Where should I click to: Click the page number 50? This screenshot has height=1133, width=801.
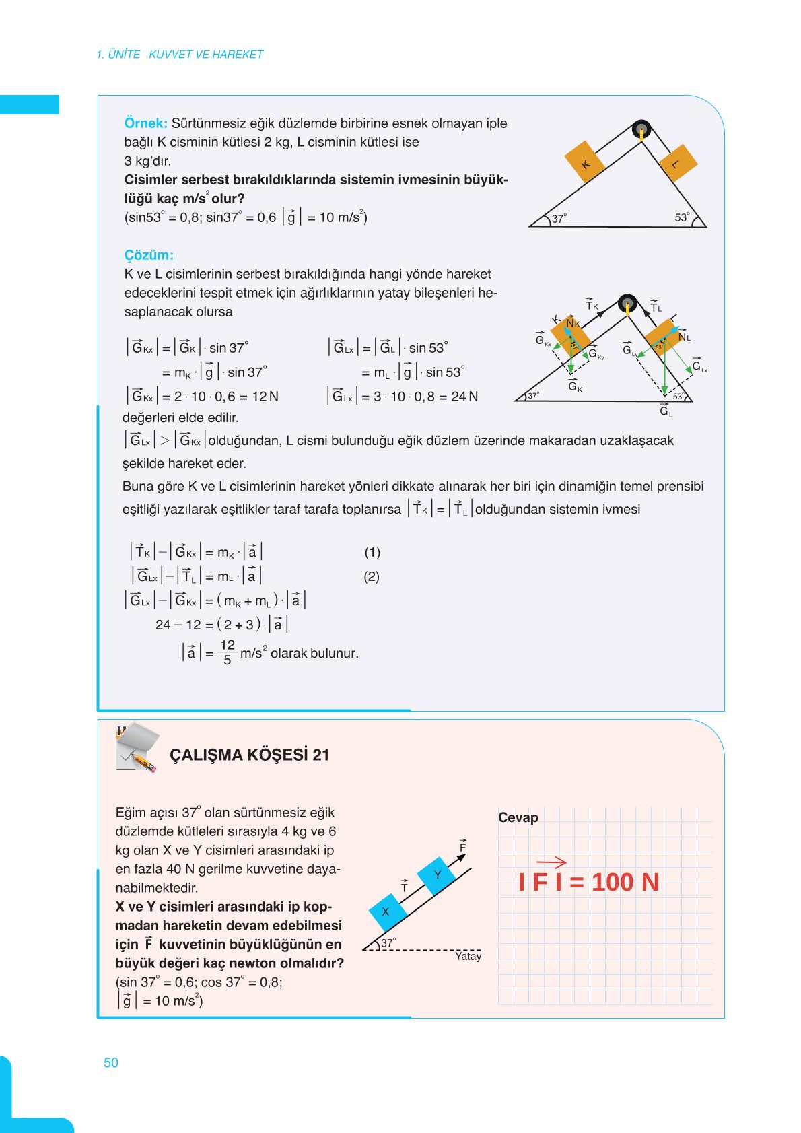pyautogui.click(x=111, y=1062)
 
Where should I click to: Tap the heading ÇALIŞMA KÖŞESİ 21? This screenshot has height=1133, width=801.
pyautogui.click(x=249, y=755)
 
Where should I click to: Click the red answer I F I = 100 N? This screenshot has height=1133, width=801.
pyautogui.click(x=588, y=881)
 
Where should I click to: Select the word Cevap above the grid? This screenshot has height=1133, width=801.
pyautogui.click(x=518, y=817)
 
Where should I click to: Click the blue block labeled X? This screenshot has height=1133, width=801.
pyautogui.click(x=387, y=912)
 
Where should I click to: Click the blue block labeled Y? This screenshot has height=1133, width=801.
pyautogui.click(x=437, y=874)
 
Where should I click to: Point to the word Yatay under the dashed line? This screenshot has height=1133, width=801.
pyautogui.click(x=468, y=956)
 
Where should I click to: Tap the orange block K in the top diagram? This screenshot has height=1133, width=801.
pyautogui.click(x=586, y=162)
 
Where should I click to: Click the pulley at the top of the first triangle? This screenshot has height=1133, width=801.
pyautogui.click(x=641, y=129)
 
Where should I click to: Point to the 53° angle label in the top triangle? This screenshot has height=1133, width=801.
pyautogui.click(x=682, y=217)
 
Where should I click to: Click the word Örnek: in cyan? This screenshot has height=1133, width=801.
pyautogui.click(x=145, y=123)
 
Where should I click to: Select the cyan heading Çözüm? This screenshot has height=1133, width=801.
pyautogui.click(x=149, y=255)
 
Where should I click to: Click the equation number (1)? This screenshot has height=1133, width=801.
pyautogui.click(x=372, y=552)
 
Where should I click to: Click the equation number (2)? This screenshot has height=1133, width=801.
pyautogui.click(x=372, y=576)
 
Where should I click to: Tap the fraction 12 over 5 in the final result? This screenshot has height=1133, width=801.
pyautogui.click(x=228, y=652)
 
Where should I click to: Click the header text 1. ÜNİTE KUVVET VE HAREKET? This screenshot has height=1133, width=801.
pyautogui.click(x=180, y=55)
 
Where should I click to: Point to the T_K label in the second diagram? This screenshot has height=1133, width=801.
pyautogui.click(x=591, y=305)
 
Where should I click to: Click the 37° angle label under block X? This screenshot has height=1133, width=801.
pyautogui.click(x=388, y=942)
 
